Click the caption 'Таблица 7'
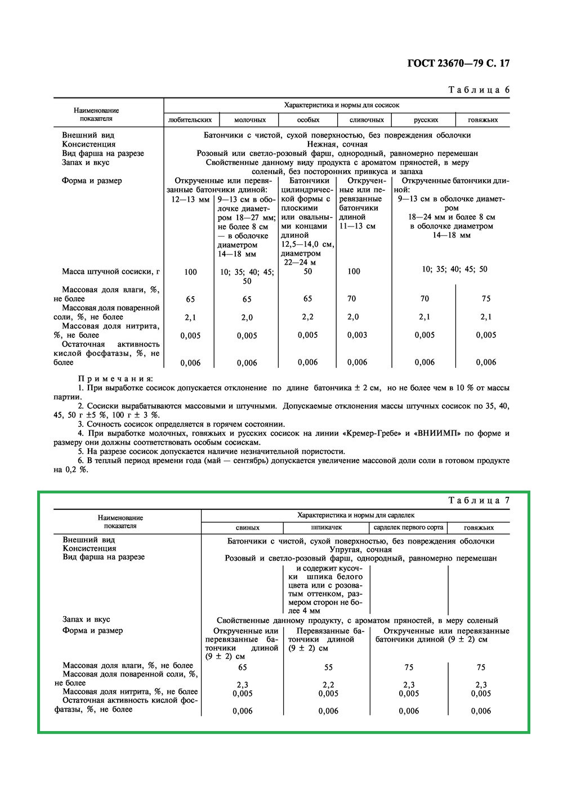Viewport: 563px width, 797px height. [479, 501]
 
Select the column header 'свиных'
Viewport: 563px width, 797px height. [248, 528]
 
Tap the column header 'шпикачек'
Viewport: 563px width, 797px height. [327, 528]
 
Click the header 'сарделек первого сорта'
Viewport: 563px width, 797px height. [408, 528]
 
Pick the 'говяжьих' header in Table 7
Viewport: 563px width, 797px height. [479, 528]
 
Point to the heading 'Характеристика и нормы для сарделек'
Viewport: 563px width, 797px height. [356, 515]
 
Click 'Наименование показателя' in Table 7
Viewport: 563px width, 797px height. [120, 522]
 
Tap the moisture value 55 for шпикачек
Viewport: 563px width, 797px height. [328, 667]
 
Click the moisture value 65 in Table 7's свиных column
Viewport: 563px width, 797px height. [243, 667]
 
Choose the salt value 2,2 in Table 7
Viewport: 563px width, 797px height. [328, 685]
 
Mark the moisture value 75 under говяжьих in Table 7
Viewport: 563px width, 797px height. [481, 667]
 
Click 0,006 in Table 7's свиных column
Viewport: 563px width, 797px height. [243, 711]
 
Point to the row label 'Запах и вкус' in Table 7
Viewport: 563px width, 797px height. [86, 620]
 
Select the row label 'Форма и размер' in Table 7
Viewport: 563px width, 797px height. [92, 631]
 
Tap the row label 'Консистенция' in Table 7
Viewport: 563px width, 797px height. [90, 549]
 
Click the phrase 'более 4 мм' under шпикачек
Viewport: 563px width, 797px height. [304, 611]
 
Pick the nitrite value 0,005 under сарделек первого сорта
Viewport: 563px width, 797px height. [409, 694]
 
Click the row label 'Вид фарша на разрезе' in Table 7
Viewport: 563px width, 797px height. [104, 557]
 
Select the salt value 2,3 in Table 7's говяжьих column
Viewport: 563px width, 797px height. [481, 685]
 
